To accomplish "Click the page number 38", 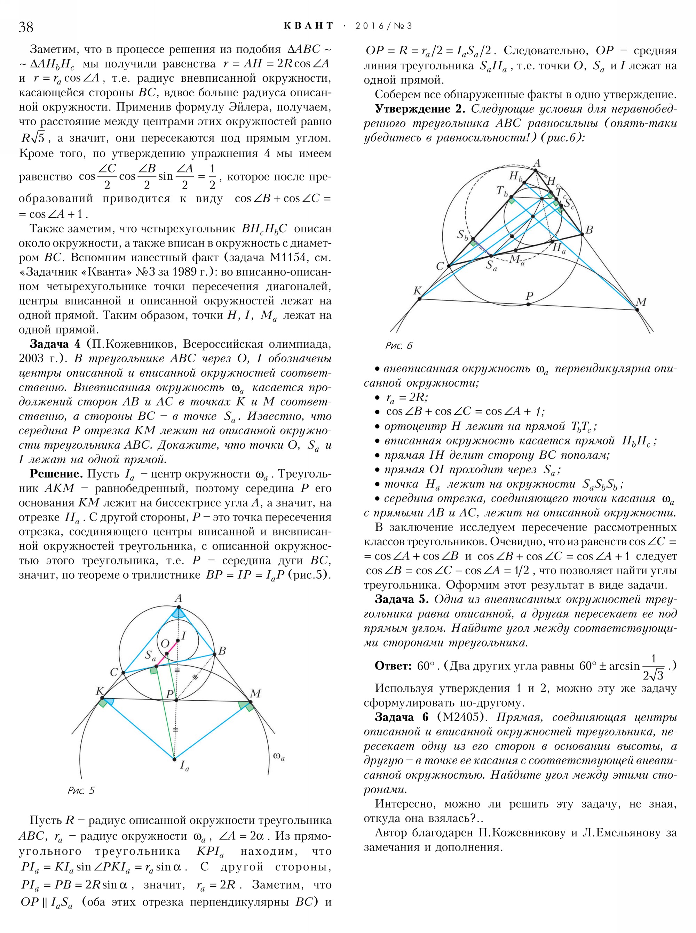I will (x=26, y=27).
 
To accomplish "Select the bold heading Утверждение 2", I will (x=420, y=109).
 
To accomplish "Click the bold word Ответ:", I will (x=393, y=666).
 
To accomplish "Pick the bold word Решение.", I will (x=56, y=474).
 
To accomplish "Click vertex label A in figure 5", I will (x=178, y=598).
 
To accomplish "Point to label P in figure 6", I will (x=530, y=296).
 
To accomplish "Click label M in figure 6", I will (x=641, y=302).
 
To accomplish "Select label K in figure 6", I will (x=417, y=290).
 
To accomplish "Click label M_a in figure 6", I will (x=516, y=259).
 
